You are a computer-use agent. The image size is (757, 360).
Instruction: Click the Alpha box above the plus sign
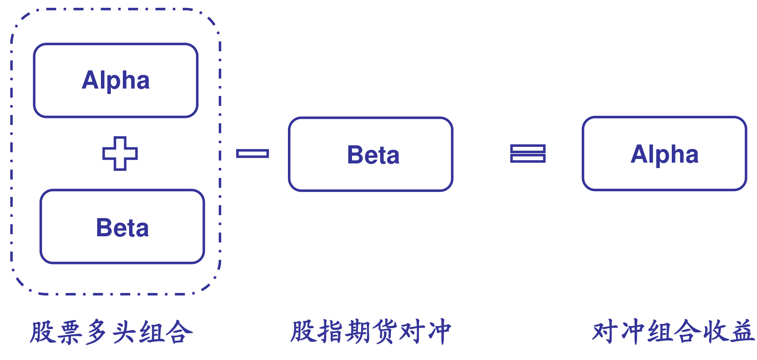point(116,80)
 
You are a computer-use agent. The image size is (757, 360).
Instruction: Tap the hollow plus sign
point(120,154)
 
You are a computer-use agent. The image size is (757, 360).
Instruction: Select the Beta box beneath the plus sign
point(122,226)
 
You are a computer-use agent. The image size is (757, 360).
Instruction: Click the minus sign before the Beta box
point(252,154)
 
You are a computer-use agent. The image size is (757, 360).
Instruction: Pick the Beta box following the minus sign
point(371,154)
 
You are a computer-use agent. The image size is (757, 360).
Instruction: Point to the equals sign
point(527,154)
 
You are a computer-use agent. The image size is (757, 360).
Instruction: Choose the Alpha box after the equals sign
point(664,154)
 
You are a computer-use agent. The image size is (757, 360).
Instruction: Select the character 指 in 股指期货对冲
point(331,331)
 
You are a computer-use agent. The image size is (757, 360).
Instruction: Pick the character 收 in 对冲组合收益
point(714,331)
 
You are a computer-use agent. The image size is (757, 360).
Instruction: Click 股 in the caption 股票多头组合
point(43,332)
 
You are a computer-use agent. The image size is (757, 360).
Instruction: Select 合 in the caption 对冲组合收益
point(687,331)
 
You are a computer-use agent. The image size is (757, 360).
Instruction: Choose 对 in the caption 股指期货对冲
point(412,331)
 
